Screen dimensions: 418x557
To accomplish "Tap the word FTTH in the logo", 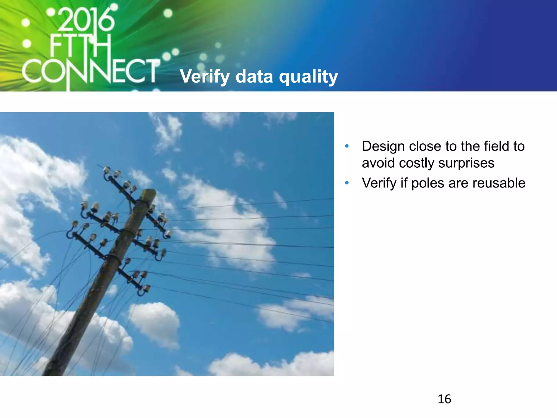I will tap(80, 46).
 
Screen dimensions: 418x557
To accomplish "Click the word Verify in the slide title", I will tap(205, 77).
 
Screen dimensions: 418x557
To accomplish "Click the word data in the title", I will tap(254, 77).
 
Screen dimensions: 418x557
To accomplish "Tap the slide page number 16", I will tap(444, 399).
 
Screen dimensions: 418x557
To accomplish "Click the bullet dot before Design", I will tap(347, 146).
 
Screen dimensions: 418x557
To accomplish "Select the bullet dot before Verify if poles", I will tap(347, 183).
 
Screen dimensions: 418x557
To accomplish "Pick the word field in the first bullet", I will tap(496, 146).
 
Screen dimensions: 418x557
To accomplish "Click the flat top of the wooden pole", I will tap(149, 192).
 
